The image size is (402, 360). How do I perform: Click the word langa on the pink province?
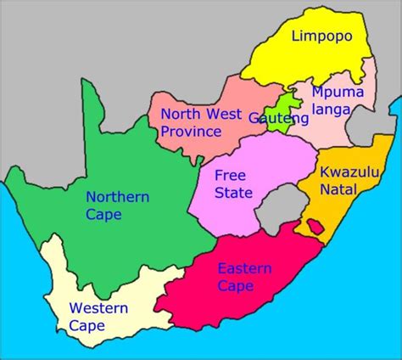click(x=330, y=110)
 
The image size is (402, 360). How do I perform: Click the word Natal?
click(x=337, y=188)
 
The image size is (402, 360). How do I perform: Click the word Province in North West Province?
click(x=191, y=131)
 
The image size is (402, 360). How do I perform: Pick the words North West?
click(x=201, y=114)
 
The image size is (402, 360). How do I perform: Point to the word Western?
click(x=98, y=307)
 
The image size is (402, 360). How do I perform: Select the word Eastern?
click(x=244, y=268)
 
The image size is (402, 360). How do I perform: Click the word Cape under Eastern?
click(x=236, y=286)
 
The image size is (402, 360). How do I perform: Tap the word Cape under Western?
click(x=88, y=325)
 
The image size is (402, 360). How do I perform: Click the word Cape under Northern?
click(x=103, y=214)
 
